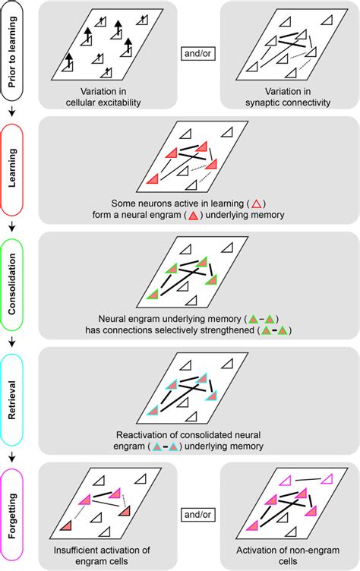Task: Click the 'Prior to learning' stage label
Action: pos(12,52)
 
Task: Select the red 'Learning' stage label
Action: pos(12,168)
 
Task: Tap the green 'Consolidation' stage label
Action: pos(12,284)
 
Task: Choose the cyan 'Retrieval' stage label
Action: pos(12,400)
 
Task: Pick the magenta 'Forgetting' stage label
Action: pos(12,516)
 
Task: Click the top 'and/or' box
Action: pos(198,53)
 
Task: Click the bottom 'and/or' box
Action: pos(198,515)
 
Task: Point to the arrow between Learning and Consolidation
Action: pos(12,226)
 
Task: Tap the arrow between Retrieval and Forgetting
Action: pos(12,456)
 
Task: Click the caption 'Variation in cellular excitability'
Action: pos(103,97)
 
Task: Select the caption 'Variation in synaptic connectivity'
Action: pos(288,97)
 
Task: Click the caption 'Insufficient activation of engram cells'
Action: pos(102,555)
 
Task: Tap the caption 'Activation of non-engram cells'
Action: pos(288,555)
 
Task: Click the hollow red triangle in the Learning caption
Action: pos(257,203)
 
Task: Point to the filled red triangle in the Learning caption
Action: pos(193,216)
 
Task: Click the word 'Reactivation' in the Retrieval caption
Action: pos(140,435)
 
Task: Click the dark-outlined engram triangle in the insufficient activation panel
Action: pos(66,526)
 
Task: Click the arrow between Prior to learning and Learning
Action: pos(12,111)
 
